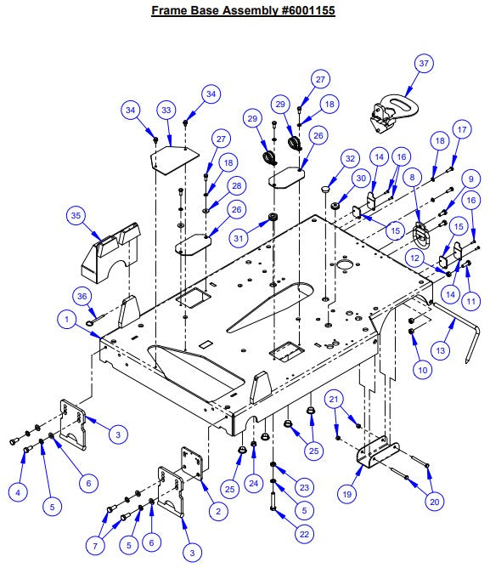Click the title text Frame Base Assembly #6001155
(x=245, y=11)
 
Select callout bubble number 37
(x=425, y=64)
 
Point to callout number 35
(x=75, y=217)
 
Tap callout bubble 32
(x=349, y=158)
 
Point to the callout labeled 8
(x=413, y=179)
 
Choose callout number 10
(x=423, y=370)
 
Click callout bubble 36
(x=82, y=295)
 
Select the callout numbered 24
(x=252, y=483)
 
